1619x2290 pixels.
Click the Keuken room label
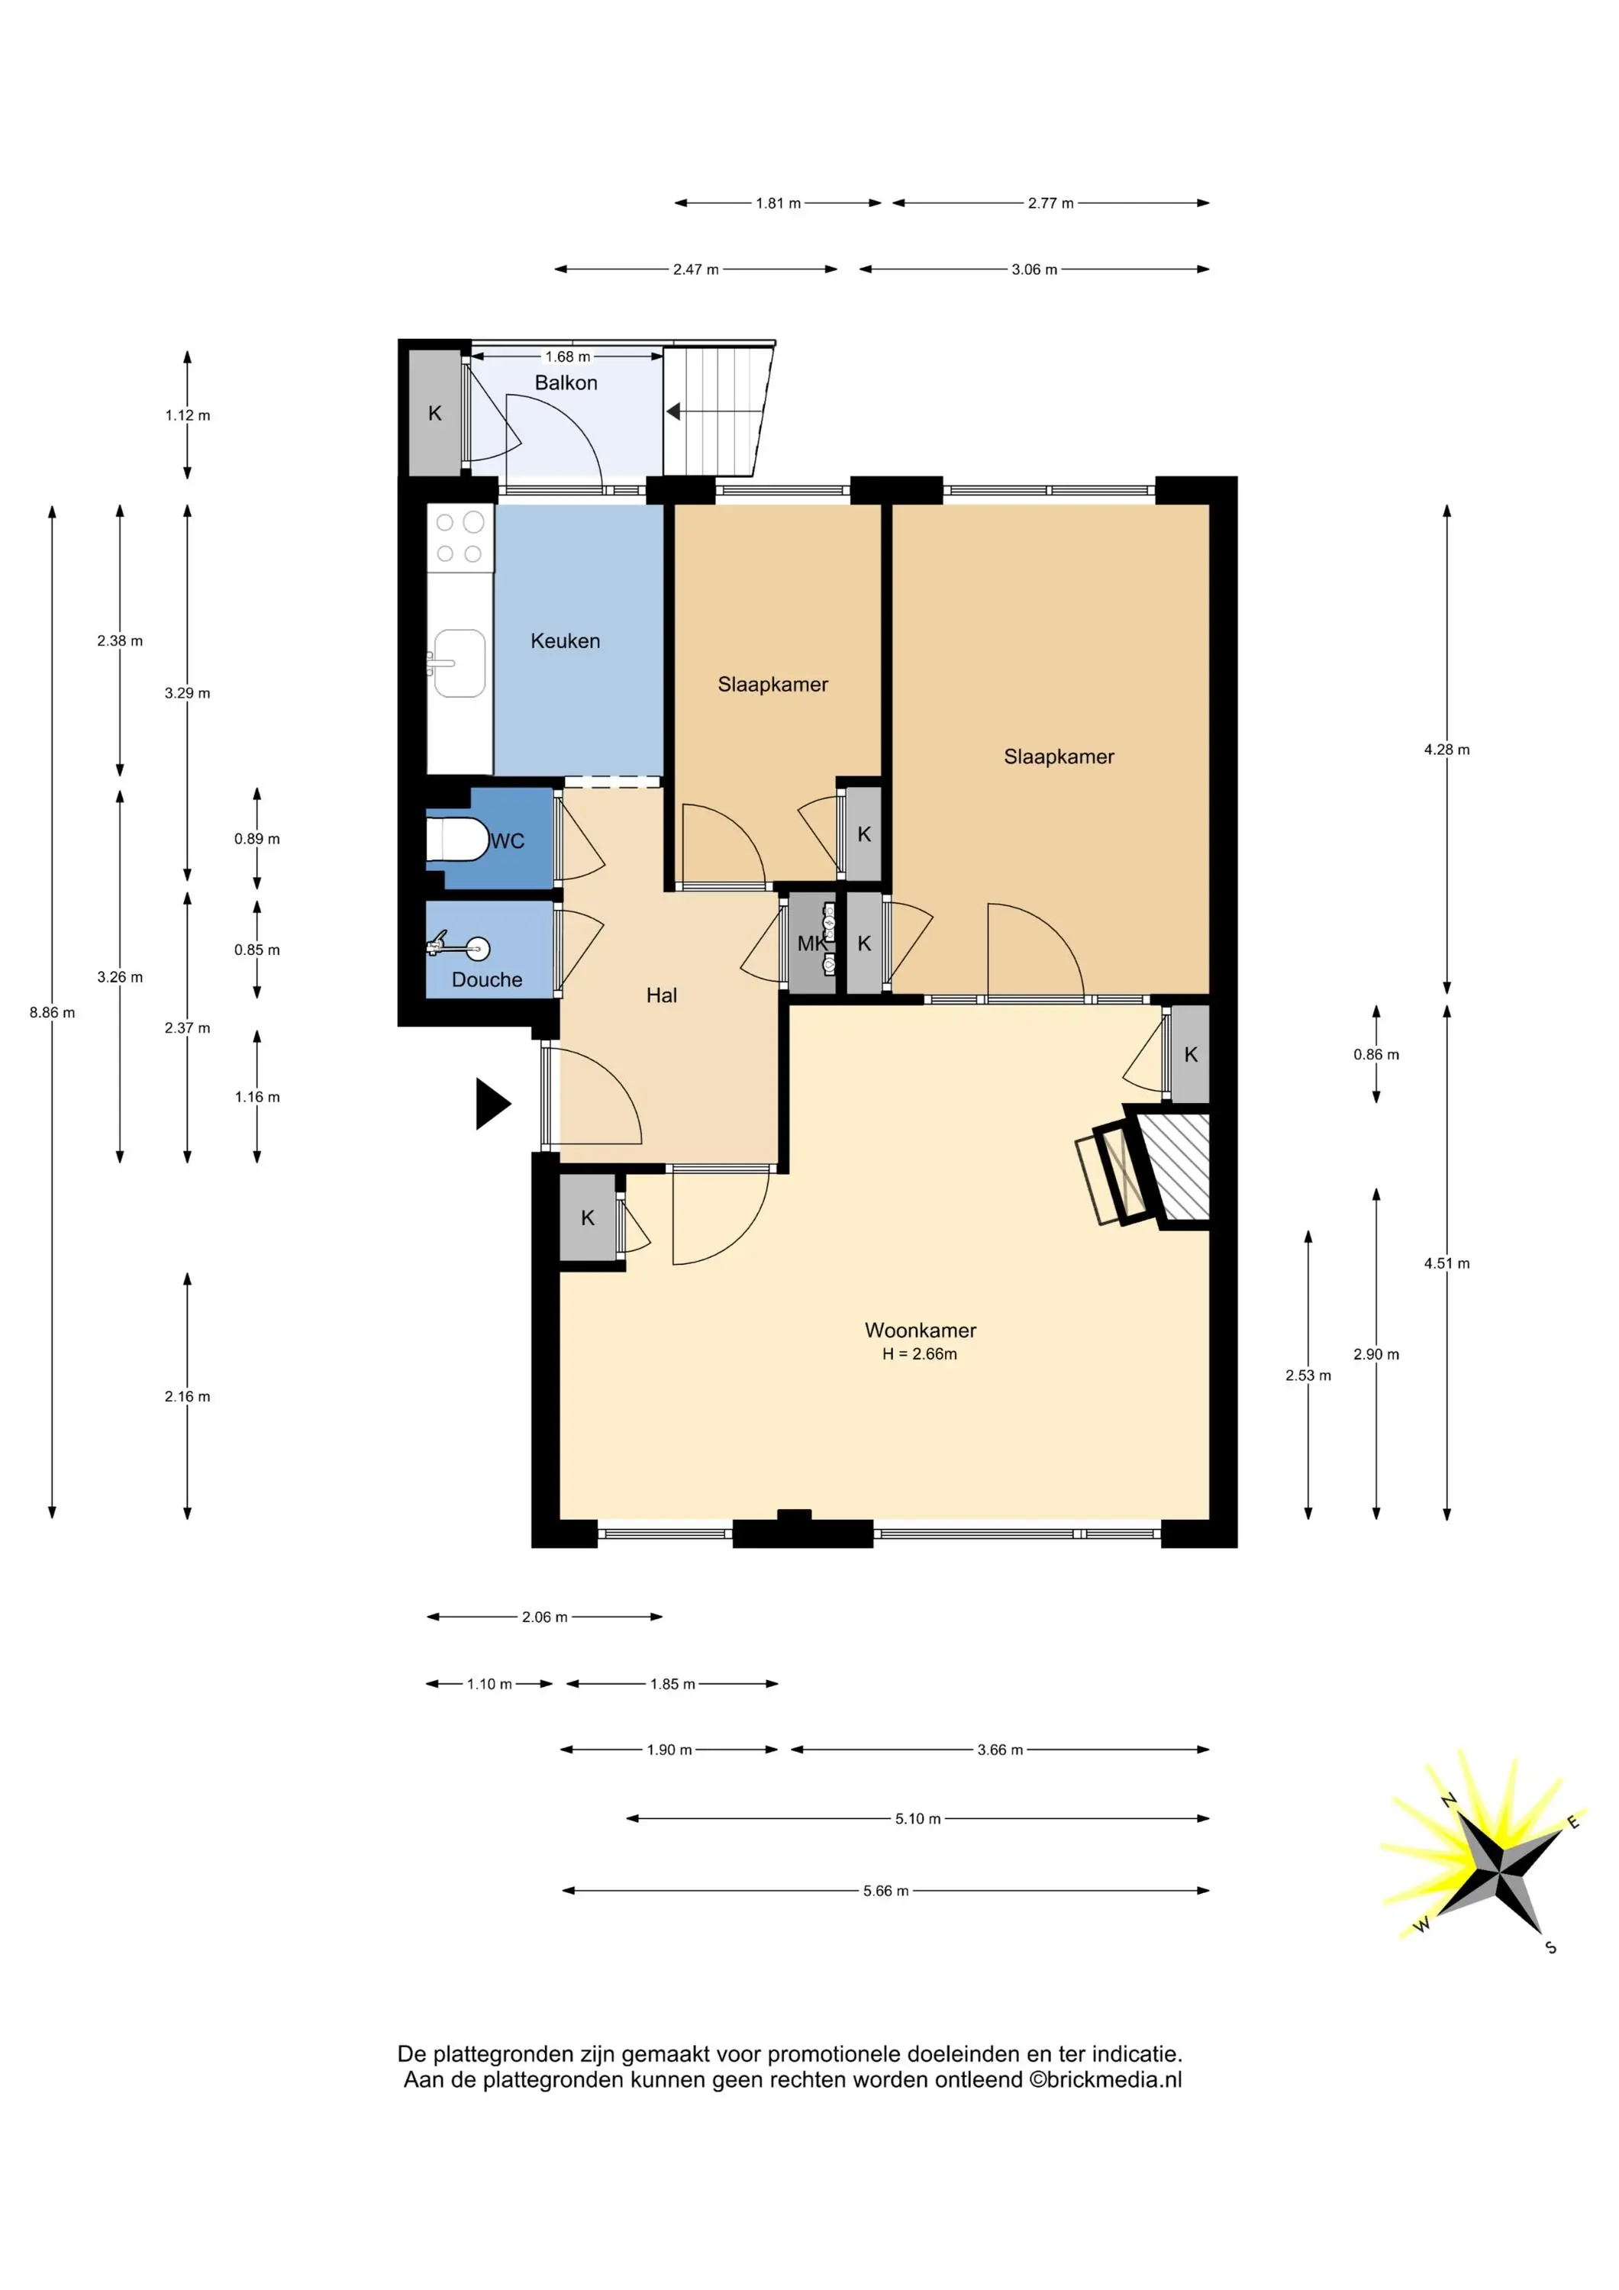pyautogui.click(x=565, y=641)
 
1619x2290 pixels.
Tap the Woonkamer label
pyautogui.click(x=920, y=1330)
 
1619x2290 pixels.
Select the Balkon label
pyautogui.click(x=566, y=383)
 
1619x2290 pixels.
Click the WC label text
pyautogui.click(x=507, y=840)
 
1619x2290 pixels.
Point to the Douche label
pyautogui.click(x=487, y=979)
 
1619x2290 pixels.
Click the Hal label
pyautogui.click(x=661, y=995)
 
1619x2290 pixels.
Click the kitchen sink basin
pyautogui.click(x=460, y=663)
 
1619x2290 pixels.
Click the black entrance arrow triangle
pyautogui.click(x=492, y=1103)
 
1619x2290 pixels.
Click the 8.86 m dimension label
pyautogui.click(x=52, y=1012)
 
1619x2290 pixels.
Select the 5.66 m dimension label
pyautogui.click(x=885, y=1890)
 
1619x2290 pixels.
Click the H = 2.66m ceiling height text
pyautogui.click(x=920, y=1353)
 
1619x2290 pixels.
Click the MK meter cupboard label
pyautogui.click(x=811, y=943)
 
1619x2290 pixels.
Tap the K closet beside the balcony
pyautogui.click(x=435, y=413)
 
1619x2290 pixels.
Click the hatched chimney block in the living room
pyautogui.click(x=1174, y=1166)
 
